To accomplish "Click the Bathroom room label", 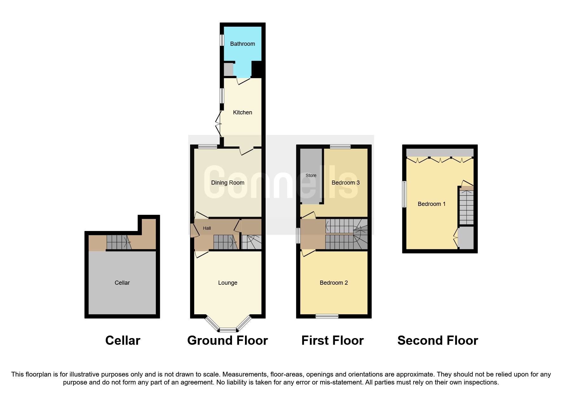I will click(242, 44).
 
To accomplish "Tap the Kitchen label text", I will click(242, 112).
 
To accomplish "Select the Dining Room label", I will click(228, 183).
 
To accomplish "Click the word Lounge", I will click(228, 283).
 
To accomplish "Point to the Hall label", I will click(207, 228).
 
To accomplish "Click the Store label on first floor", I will click(311, 175).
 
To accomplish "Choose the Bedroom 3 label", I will click(345, 183).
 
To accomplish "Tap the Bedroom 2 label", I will click(334, 283).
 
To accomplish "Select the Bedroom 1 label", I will click(431, 204).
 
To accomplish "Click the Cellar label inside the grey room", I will click(122, 283).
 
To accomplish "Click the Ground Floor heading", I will click(228, 341).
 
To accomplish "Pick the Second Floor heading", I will click(438, 341).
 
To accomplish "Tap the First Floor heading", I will click(332, 341).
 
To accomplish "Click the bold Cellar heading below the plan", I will click(123, 341).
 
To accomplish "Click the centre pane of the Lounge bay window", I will click(228, 330).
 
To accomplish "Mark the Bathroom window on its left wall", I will click(222, 40).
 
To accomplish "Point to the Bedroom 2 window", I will click(327, 316).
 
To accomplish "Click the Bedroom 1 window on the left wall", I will click(404, 194).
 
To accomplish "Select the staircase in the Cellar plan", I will click(118, 242).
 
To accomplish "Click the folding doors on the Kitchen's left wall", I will click(219, 124).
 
